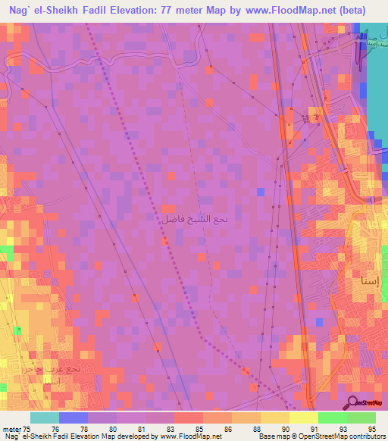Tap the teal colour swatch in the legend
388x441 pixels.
coord(44,418)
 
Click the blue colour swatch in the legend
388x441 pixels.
coord(73,418)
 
